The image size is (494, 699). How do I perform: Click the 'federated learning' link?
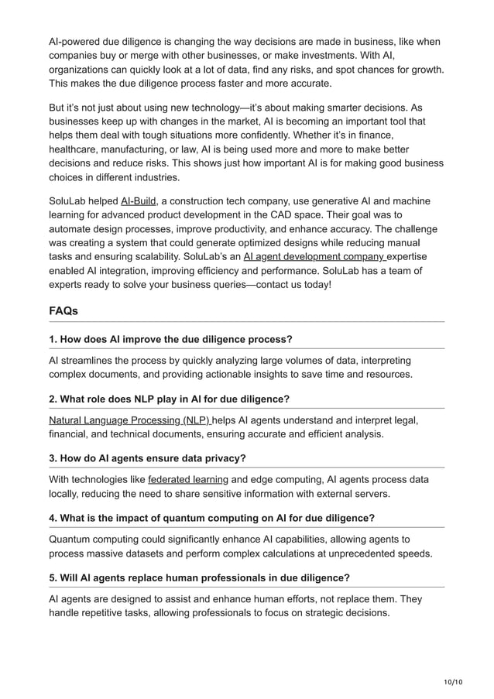pyautogui.click(x=187, y=480)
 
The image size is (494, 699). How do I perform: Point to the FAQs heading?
pyautogui.click(x=63, y=311)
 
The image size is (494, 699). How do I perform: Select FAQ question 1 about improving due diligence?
pyautogui.click(x=170, y=339)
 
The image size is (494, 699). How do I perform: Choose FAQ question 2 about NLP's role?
pyautogui.click(x=169, y=399)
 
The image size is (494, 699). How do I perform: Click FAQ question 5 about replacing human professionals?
pyautogui.click(x=199, y=577)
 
